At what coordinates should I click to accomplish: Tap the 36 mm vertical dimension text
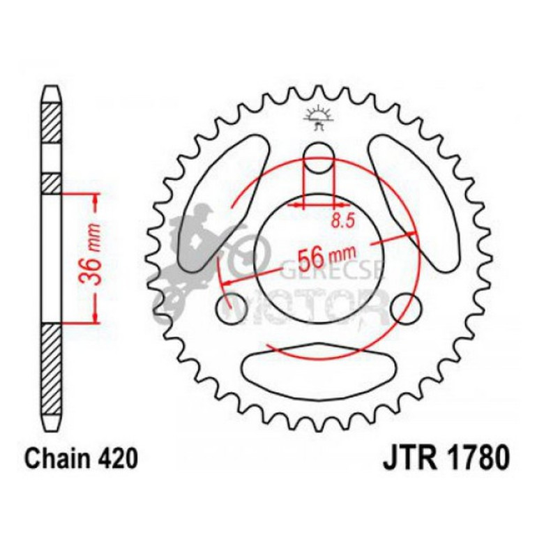(x=93, y=257)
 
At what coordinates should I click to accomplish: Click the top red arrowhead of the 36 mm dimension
(x=93, y=199)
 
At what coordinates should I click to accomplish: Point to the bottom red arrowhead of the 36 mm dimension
(x=93, y=317)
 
